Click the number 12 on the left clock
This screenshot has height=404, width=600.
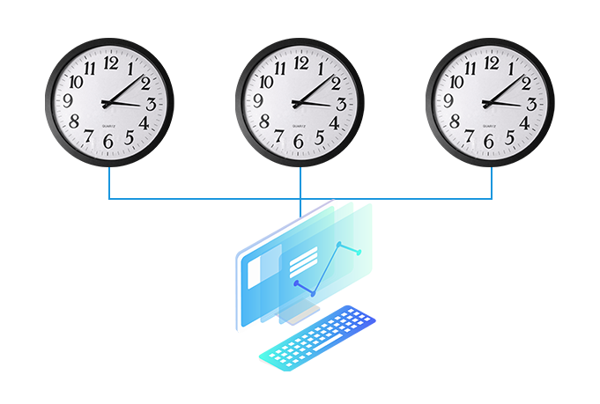(111, 63)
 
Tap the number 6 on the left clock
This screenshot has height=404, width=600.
(108, 142)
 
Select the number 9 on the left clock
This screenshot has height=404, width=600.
(68, 101)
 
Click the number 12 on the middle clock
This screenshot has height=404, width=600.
(301, 63)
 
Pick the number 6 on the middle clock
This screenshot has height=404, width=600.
(299, 142)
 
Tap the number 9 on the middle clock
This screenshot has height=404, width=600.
(258, 101)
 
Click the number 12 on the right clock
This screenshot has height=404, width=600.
(492, 63)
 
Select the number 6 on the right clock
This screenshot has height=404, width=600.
(489, 142)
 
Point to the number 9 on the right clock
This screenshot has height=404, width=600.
(448, 101)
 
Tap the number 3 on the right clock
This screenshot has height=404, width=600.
(532, 105)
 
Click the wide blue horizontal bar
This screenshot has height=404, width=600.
(300, 184)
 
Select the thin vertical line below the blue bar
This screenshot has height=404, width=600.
(300, 208)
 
